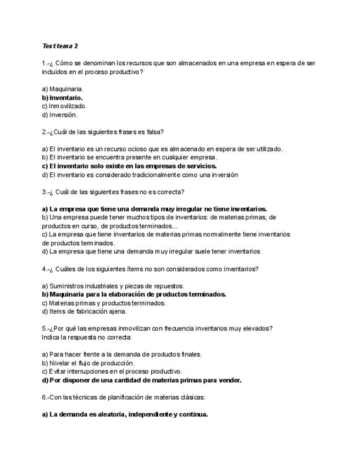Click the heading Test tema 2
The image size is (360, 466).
pyautogui.click(x=60, y=46)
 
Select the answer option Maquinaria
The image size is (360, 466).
pyautogui.click(x=66, y=88)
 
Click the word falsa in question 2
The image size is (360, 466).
pyautogui.click(x=153, y=132)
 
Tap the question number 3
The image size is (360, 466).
pyautogui.click(x=44, y=192)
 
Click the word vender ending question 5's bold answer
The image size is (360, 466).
pyautogui.click(x=229, y=380)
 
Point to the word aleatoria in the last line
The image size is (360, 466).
pyautogui.click(x=109, y=414)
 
